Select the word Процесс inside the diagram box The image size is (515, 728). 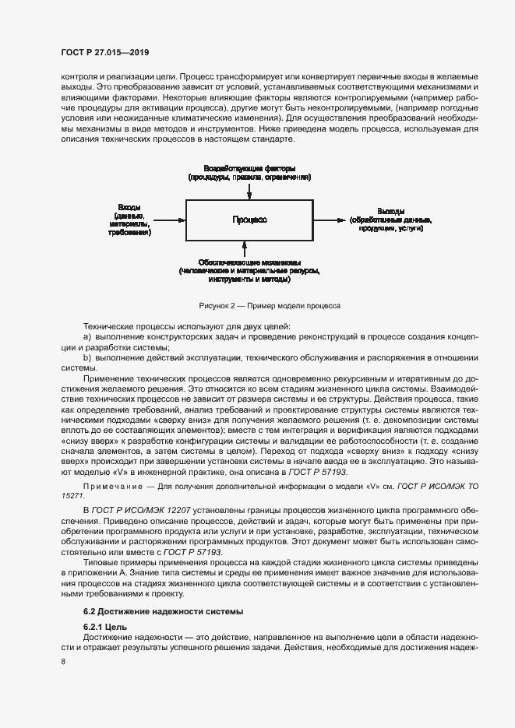tap(249, 220)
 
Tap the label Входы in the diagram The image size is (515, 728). tap(129, 208)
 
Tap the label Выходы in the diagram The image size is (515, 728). tap(390, 211)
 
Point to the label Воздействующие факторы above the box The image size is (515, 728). tap(249, 168)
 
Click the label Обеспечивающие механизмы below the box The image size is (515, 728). tap(249, 262)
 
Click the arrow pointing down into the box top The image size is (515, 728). tap(249, 192)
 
